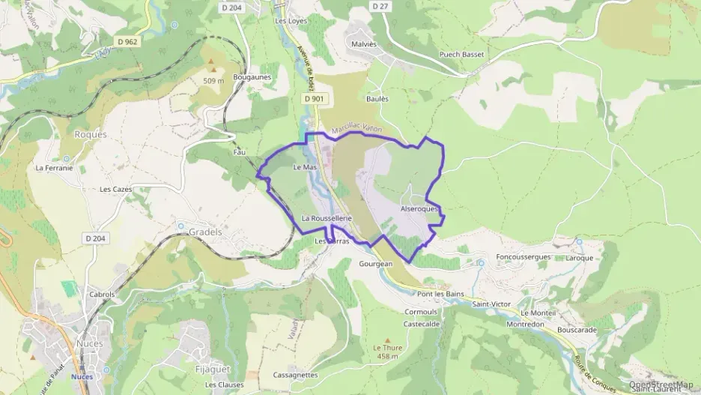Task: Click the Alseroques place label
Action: click(x=419, y=209)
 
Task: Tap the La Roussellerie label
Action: click(x=327, y=217)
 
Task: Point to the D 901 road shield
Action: click(x=316, y=98)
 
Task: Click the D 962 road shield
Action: click(x=127, y=41)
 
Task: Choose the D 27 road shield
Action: click(x=380, y=5)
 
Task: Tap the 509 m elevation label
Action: click(x=213, y=80)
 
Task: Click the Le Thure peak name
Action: click(x=387, y=348)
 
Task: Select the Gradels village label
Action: click(x=205, y=232)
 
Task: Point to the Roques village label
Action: click(x=91, y=135)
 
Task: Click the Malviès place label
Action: click(x=362, y=44)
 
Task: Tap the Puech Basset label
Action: click(x=461, y=54)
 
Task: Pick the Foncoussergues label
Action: click(x=524, y=256)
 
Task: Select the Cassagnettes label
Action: click(x=296, y=375)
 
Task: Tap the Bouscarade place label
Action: click(x=577, y=330)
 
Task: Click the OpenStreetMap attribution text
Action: click(x=662, y=385)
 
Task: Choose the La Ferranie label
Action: click(x=54, y=168)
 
